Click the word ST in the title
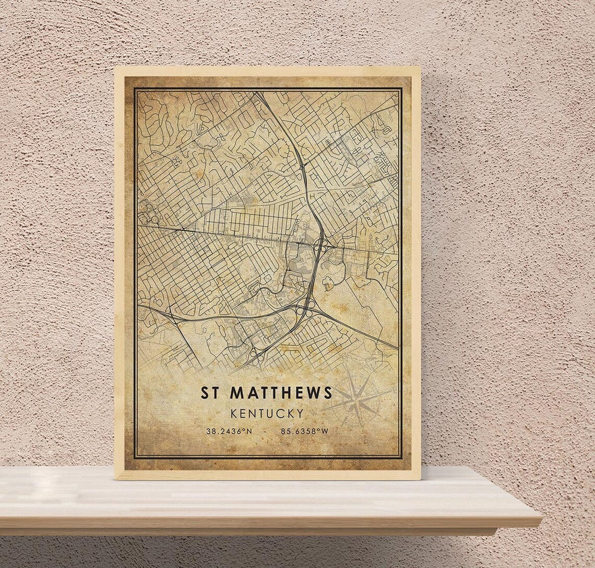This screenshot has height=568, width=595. [x=211, y=393]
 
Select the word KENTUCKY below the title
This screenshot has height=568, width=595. [x=267, y=413]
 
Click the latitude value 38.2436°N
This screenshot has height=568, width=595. [x=229, y=431]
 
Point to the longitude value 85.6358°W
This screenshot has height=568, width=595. [x=304, y=431]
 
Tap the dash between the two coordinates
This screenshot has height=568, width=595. [x=266, y=431]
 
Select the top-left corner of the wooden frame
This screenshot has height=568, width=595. [x=115, y=67]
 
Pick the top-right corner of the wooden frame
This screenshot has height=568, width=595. [x=420, y=67]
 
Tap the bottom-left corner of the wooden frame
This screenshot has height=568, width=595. [x=115, y=479]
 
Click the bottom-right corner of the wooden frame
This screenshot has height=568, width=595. [x=420, y=479]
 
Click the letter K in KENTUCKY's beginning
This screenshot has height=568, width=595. [x=233, y=413]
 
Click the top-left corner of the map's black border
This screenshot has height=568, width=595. [x=134, y=88]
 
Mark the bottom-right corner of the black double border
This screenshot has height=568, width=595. [x=401, y=458]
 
